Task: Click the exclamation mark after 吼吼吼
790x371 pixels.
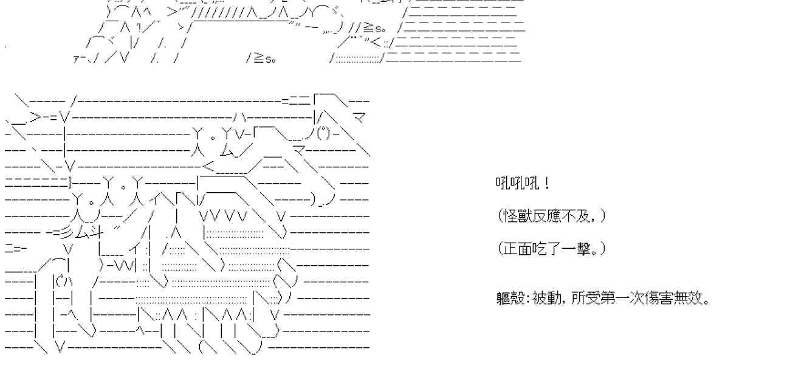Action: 547,183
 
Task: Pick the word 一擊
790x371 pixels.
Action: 576,249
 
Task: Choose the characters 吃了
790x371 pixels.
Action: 547,249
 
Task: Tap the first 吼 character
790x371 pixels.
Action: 503,183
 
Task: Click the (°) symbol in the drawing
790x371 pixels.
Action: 323,134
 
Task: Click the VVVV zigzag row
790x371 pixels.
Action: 224,215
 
